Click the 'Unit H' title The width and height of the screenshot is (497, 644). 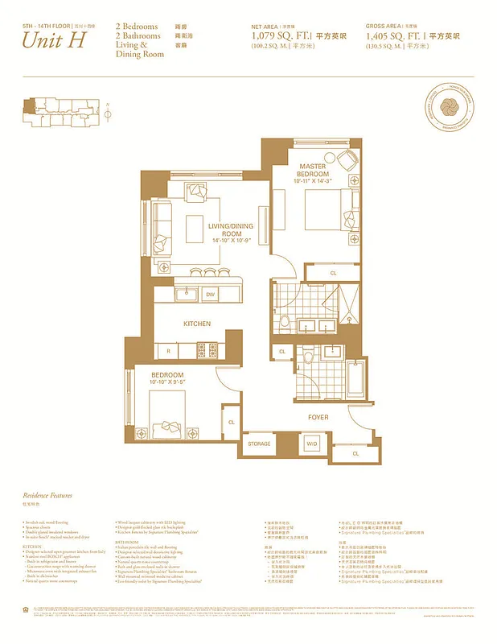(x=54, y=42)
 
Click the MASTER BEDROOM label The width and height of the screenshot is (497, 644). (x=313, y=171)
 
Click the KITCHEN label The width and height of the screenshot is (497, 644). (x=197, y=324)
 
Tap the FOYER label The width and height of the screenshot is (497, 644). (x=318, y=418)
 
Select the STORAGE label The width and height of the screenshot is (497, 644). (x=259, y=444)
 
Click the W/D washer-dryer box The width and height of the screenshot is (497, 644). (x=311, y=444)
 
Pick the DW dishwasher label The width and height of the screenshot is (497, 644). (x=210, y=295)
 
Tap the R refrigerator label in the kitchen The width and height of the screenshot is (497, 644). (x=168, y=351)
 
